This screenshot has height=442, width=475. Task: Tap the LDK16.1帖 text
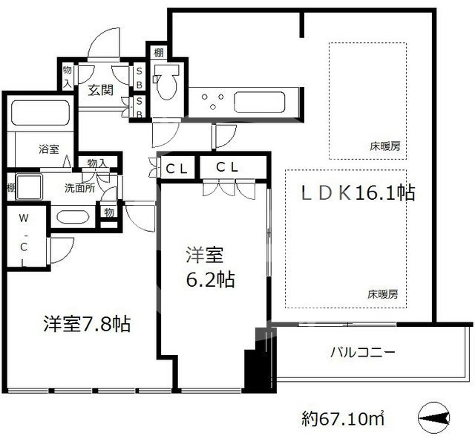(357, 193)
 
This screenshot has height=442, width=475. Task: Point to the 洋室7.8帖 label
(88, 324)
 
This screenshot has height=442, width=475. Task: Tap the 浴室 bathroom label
(49, 149)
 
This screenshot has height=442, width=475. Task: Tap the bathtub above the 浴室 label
(40, 111)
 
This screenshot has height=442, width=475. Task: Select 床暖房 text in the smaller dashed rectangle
(385, 146)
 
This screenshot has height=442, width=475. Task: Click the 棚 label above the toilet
(158, 53)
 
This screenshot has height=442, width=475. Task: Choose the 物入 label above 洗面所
(97, 163)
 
